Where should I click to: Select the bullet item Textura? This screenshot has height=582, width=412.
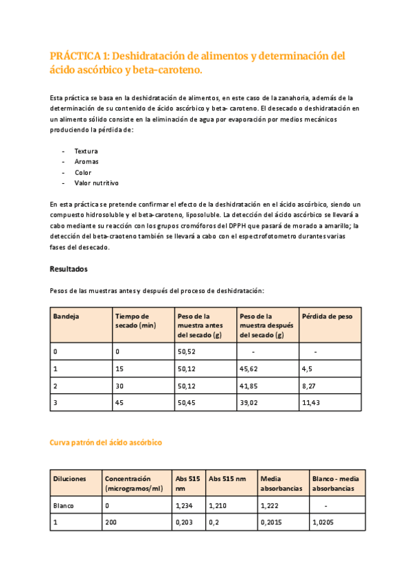[x=86, y=151]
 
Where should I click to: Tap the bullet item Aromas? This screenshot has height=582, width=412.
[x=86, y=162]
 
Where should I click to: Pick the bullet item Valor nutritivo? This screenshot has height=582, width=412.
[x=96, y=183]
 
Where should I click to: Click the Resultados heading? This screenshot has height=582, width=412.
[x=69, y=268]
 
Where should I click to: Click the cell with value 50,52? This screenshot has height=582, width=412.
[x=187, y=351]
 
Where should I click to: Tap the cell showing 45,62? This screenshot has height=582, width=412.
[x=249, y=369]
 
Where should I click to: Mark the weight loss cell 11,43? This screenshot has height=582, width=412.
[x=311, y=403]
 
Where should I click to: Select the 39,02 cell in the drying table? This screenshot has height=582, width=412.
[x=249, y=403]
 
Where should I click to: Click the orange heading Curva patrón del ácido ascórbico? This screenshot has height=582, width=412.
[x=106, y=443]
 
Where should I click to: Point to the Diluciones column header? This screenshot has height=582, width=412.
[x=70, y=478]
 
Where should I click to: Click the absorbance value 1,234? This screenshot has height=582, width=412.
[x=185, y=505]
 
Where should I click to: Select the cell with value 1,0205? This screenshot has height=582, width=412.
[x=323, y=522]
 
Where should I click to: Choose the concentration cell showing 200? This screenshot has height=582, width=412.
[x=111, y=522]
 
